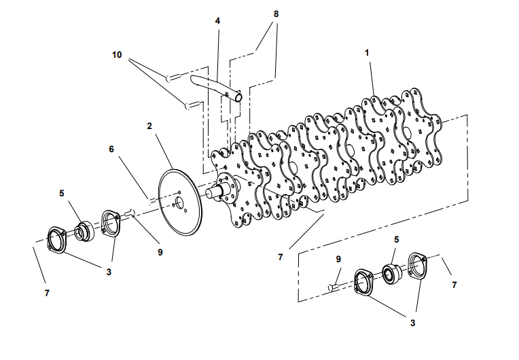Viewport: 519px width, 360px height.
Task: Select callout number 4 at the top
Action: (217, 21)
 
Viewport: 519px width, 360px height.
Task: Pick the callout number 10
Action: (117, 54)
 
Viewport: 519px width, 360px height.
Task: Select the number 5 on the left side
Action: (61, 193)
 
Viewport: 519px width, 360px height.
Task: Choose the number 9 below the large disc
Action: (160, 252)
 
